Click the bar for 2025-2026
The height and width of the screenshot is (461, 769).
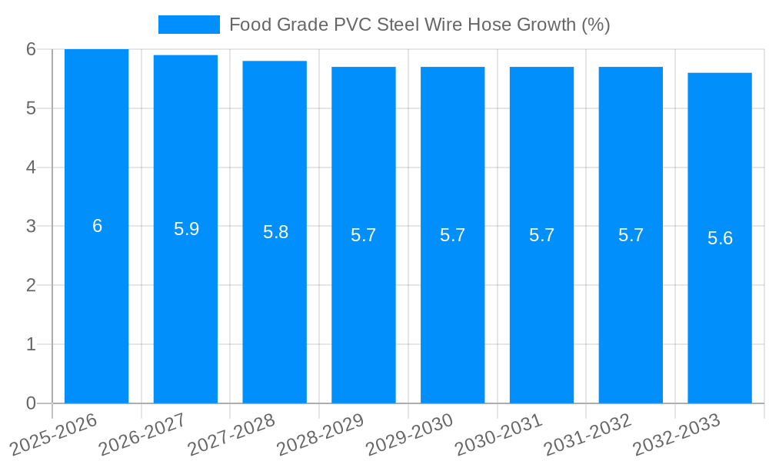(x=96, y=307)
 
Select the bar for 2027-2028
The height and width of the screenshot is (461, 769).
(x=275, y=307)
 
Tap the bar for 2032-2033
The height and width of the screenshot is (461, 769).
(x=720, y=307)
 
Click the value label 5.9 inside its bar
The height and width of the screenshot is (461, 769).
(x=186, y=229)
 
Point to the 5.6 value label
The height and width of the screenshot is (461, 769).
(x=720, y=238)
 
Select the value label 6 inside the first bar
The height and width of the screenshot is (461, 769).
(x=97, y=226)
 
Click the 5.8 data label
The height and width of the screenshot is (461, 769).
(x=275, y=232)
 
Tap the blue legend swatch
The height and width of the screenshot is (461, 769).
(x=188, y=25)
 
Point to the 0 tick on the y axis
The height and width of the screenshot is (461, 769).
(x=31, y=403)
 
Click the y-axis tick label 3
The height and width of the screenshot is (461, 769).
(x=31, y=227)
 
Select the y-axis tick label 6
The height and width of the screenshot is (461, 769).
(x=31, y=49)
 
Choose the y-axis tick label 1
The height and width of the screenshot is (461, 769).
(x=31, y=344)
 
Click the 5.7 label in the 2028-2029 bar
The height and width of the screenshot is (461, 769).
(x=364, y=235)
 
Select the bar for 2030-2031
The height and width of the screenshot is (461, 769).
(x=541, y=307)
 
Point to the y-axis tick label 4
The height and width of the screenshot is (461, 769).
(x=31, y=167)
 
